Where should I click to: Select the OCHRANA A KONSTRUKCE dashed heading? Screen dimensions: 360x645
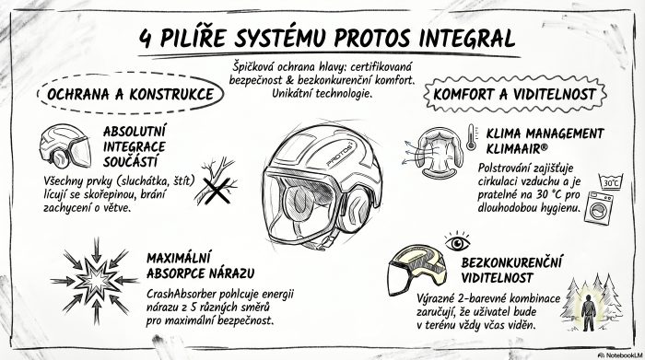pos(130,94)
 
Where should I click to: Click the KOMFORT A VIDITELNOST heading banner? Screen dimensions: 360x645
pos(513,95)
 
